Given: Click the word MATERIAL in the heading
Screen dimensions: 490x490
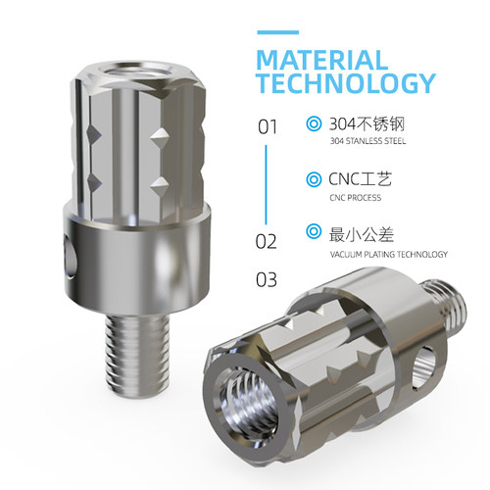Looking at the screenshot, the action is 322,61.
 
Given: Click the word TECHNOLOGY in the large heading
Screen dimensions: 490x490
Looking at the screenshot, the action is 346,83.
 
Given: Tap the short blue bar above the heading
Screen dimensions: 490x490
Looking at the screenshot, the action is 278,32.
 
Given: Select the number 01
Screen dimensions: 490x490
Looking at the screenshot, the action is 268,126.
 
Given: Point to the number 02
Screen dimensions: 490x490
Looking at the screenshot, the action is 266,242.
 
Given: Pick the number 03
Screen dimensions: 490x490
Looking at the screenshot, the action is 267,280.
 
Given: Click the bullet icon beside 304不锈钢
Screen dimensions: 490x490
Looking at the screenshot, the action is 314,123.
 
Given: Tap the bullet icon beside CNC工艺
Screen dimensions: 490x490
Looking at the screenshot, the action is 314,179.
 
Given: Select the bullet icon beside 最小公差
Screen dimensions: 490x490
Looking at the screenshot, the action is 314,231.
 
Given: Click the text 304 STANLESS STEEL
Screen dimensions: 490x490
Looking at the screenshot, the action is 367,141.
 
